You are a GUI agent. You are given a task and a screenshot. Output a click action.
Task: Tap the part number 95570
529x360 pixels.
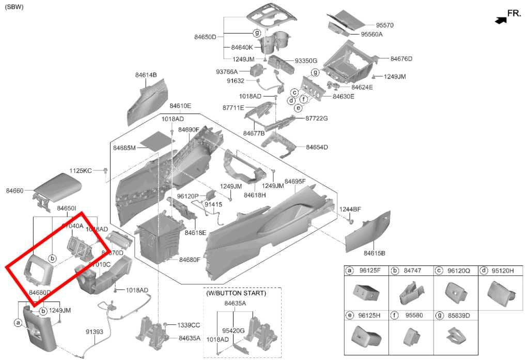pos(384,25)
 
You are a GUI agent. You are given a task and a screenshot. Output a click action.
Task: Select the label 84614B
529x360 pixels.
pos(146,75)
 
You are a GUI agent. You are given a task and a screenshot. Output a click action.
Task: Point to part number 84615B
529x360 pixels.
pos(375,253)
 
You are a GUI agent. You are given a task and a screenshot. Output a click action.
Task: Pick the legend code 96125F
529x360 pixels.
pos(369,271)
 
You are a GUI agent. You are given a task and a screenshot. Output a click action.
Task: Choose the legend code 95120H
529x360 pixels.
pos(503,271)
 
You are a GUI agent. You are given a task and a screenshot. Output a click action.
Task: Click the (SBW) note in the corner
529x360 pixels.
pos(14,7)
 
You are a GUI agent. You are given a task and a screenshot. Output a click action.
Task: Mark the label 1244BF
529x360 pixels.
pos(350,209)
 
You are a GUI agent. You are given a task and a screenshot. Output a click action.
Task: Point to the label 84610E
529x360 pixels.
pos(180,106)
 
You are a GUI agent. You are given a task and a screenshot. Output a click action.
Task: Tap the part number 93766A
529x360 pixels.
pos(227,72)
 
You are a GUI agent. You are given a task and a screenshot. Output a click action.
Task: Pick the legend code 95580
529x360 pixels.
pos(414,315)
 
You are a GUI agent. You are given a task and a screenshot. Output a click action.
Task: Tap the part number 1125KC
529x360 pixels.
pos(81,170)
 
